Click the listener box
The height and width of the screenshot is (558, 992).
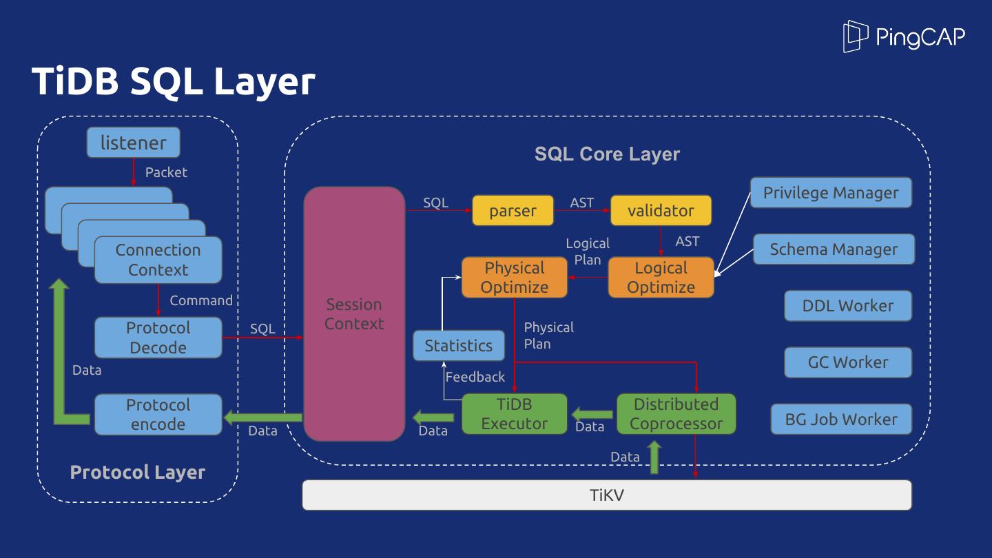(x=133, y=143)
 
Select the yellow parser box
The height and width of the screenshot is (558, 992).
(x=513, y=211)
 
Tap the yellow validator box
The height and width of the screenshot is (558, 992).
(x=661, y=211)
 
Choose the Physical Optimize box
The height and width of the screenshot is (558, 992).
(x=514, y=278)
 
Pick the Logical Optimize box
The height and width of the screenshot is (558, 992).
(x=661, y=278)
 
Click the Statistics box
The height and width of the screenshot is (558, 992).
(x=458, y=346)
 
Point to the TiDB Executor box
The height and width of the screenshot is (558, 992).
(x=514, y=414)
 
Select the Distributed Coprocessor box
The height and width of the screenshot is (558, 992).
(x=676, y=414)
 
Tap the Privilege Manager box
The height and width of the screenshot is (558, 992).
(x=830, y=193)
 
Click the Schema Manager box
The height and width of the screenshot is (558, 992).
(x=833, y=249)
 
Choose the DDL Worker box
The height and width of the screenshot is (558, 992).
(x=847, y=306)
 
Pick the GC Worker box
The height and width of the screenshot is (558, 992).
(x=847, y=362)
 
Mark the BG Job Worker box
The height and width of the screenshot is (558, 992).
(x=841, y=419)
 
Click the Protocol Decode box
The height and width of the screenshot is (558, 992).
(x=158, y=338)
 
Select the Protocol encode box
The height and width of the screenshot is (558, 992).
(x=158, y=415)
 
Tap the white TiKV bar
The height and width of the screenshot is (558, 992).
(x=606, y=495)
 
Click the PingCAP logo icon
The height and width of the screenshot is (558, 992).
(x=855, y=36)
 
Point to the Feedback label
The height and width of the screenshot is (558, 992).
(x=475, y=377)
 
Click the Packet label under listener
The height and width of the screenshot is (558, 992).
(x=166, y=172)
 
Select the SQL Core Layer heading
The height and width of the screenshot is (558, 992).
(x=607, y=154)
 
